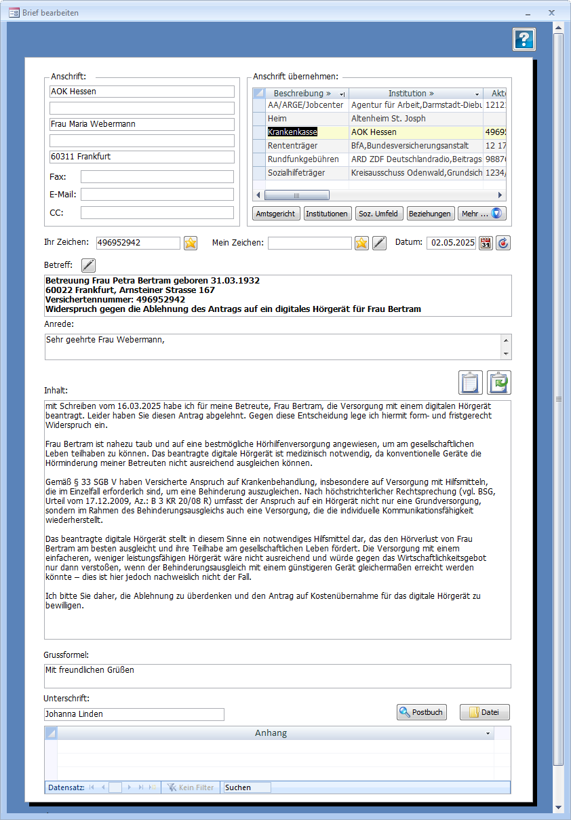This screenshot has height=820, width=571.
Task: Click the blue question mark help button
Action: [524, 39]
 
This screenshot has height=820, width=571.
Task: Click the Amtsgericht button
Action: [275, 214]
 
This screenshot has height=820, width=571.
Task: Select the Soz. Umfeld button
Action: [379, 214]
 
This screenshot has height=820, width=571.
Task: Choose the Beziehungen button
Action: [430, 214]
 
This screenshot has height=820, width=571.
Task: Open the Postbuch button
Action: [422, 712]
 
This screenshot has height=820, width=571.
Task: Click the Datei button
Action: [484, 712]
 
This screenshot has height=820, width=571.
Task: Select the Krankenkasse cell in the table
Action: [292, 132]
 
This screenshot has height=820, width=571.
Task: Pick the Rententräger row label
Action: [292, 146]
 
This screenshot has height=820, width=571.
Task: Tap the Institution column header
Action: [410, 94]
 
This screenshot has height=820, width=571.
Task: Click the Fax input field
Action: [157, 177]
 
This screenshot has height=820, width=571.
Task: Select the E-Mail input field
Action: [157, 195]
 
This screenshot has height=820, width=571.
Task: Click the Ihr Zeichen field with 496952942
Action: [138, 243]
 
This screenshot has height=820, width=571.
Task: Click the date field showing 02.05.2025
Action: [450, 243]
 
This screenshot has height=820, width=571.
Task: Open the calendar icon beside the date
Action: [486, 243]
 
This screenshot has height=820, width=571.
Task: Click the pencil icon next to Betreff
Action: [89, 265]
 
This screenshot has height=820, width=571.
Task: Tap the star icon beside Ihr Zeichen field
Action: [191, 243]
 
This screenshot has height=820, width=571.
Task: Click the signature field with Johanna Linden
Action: [134, 714]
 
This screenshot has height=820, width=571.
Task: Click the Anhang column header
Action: [271, 733]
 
